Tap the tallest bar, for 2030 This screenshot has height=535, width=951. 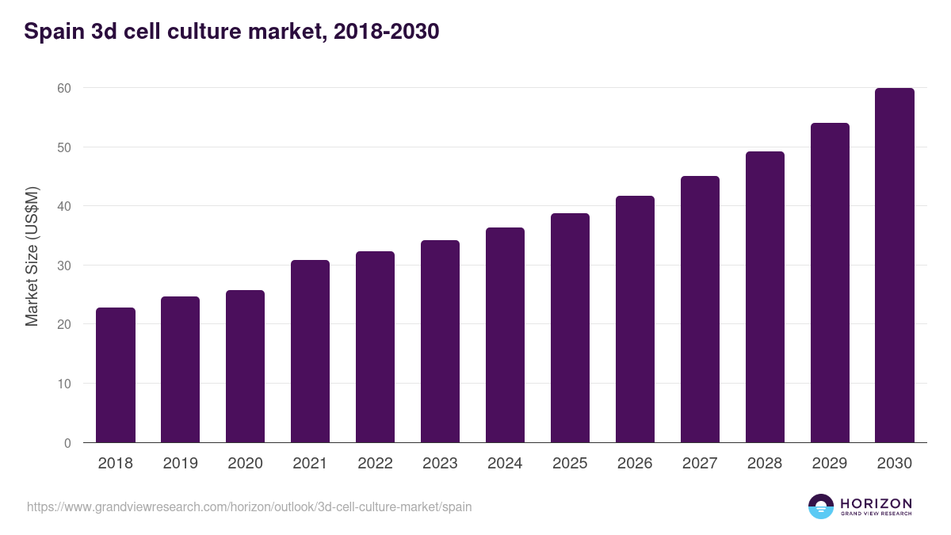895,266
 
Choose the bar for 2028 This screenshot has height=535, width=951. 765,297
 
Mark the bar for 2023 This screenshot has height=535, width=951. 440,341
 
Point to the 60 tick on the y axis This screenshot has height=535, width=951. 64,88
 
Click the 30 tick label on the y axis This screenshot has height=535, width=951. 64,266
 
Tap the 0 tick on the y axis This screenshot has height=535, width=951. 67,443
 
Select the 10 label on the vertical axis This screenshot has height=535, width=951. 64,384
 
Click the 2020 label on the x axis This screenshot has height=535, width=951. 245,464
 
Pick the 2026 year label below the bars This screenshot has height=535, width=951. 635,464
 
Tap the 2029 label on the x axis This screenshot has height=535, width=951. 830,464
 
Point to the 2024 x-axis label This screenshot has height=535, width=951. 505,464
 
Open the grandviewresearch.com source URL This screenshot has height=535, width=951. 250,506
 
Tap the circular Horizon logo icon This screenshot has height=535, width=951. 821,506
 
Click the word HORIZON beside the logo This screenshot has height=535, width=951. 876,503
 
